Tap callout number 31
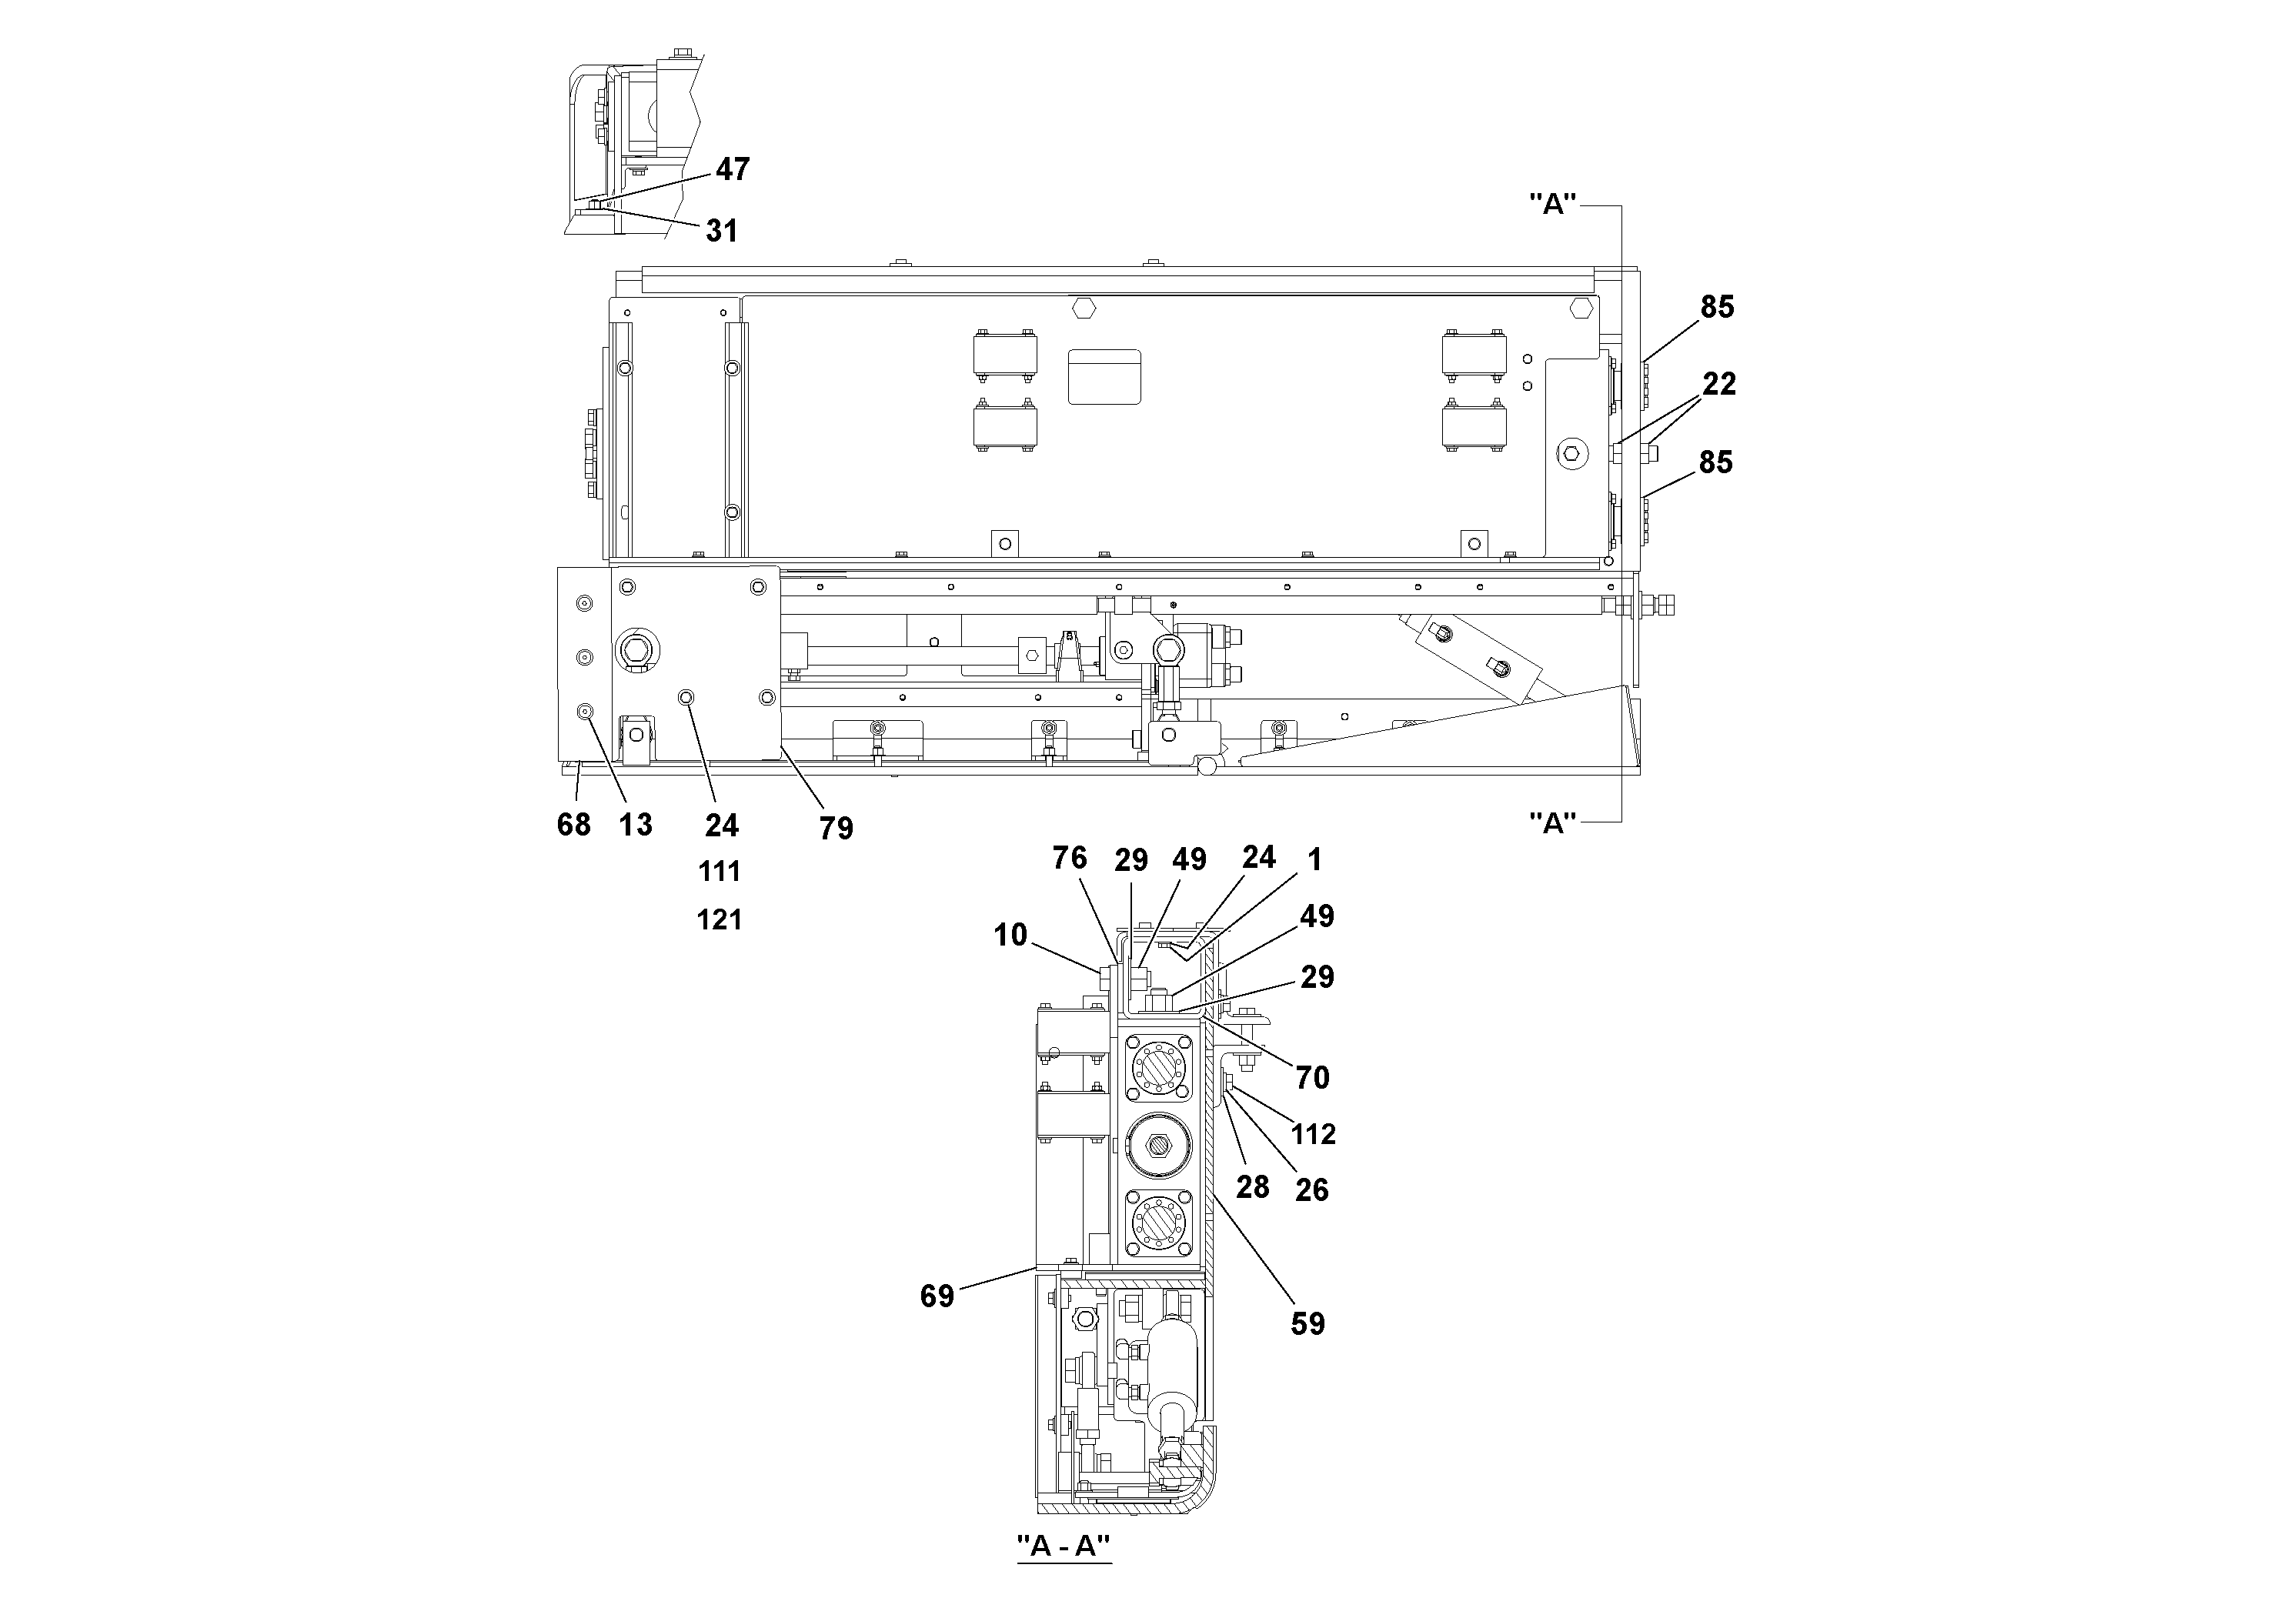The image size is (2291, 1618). pos(721,232)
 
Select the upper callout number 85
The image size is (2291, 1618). pos(1716,307)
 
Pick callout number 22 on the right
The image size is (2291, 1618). pos(1718,384)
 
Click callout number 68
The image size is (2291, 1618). pos(574,825)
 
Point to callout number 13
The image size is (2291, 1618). pos(636,825)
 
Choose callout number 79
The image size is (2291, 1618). pos(837,828)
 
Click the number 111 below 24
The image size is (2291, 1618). pos(720,872)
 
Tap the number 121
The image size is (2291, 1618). pos(720,919)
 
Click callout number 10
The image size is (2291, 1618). pos(1010,935)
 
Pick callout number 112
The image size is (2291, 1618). pos(1312,1134)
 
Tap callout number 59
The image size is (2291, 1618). pos(1307,1324)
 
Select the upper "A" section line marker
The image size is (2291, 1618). pos(1553,205)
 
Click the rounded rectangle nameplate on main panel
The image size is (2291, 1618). pos(1104,377)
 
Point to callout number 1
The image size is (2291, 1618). pos(1314,860)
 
